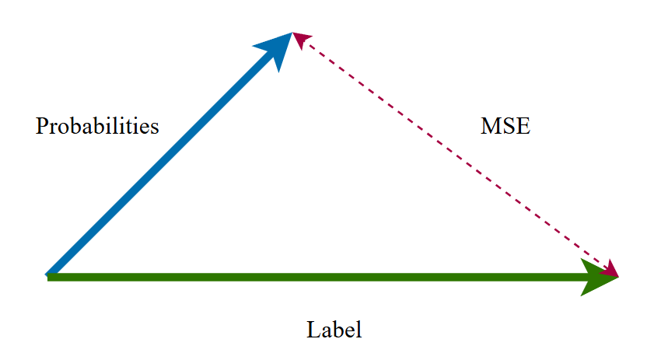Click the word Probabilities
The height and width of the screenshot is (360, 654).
(97, 126)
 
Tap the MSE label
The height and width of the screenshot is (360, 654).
(505, 126)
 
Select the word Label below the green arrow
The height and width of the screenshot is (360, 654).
(334, 330)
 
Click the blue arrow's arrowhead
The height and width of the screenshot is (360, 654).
(275, 49)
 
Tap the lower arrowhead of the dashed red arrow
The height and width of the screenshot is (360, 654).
(610, 269)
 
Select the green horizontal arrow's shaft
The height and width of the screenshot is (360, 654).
(311, 277)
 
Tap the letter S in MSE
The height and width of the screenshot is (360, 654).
(509, 126)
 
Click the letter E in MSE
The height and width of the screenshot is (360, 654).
(523, 126)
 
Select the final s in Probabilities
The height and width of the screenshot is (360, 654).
(155, 128)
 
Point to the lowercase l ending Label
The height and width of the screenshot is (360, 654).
(359, 330)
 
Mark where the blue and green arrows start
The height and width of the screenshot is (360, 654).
(49, 275)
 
